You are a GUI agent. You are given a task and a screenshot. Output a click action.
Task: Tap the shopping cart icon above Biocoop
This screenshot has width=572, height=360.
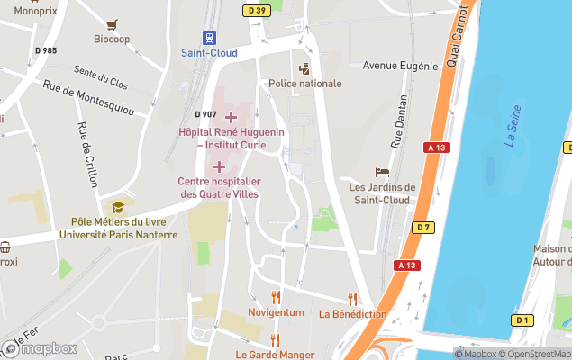(112, 24)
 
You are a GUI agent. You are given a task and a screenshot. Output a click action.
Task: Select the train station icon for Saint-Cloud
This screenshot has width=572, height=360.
(209, 38)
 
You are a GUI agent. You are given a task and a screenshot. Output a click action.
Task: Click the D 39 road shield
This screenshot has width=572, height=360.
(257, 11)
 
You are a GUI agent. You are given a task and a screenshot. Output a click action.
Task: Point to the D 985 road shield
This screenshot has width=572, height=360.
(45, 49)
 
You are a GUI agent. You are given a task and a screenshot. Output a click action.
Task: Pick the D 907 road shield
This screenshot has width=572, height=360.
(205, 114)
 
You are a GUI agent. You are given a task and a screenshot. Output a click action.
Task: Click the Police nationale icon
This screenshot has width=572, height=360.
(304, 68)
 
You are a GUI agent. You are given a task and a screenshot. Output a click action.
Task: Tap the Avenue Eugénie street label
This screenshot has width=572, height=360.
(400, 66)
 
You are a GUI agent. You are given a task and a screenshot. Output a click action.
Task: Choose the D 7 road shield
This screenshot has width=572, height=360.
(423, 227)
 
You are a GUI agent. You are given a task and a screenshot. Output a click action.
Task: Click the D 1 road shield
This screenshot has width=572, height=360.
(522, 320)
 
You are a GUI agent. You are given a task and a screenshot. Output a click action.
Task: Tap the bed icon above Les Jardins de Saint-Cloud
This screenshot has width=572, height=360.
(383, 172)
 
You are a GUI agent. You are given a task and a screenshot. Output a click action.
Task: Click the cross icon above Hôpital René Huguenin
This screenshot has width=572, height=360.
(231, 117)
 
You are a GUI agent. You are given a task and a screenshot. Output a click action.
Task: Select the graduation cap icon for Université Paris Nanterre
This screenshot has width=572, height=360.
(117, 207)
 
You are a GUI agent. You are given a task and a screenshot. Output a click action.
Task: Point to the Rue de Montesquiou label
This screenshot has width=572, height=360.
(87, 98)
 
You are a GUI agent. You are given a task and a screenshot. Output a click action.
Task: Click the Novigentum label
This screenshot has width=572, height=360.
(277, 312)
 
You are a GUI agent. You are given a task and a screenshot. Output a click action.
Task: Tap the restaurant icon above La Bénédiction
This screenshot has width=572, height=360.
(352, 298)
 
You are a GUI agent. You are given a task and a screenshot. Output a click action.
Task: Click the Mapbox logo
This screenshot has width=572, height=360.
(40, 348)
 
